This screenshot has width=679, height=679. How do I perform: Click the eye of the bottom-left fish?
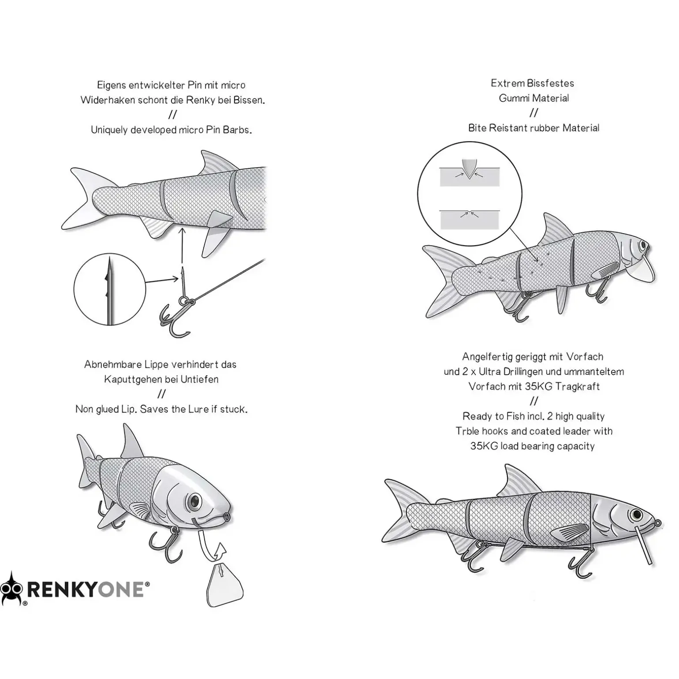pos(194,500)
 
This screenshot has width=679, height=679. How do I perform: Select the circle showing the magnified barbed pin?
pos(109,289)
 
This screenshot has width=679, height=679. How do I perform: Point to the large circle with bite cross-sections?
pos(470,194)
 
